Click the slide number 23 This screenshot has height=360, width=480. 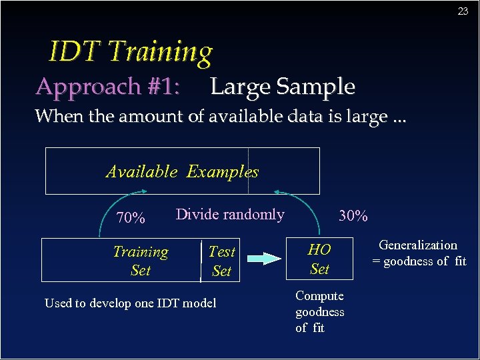coord(463,11)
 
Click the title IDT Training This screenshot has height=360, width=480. coord(131,51)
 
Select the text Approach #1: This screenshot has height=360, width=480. coord(107,87)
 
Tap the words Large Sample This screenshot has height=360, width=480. coord(282,87)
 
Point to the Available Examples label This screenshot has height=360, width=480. coord(182,171)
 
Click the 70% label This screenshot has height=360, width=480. coord(131,218)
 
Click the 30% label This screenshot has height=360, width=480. coord(353,216)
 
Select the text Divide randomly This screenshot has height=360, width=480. coord(230,215)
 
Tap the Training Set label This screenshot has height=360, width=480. coord(141,261)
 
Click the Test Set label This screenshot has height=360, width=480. coord(221,261)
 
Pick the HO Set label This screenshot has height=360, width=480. coord(319,259)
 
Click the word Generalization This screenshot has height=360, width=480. coord(418,245)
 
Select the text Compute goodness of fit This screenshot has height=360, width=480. coord(320,311)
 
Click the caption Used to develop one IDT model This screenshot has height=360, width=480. coord(131,303)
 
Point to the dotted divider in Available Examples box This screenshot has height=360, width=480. coord(248,171)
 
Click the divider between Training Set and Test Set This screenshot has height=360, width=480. coord(201,261)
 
